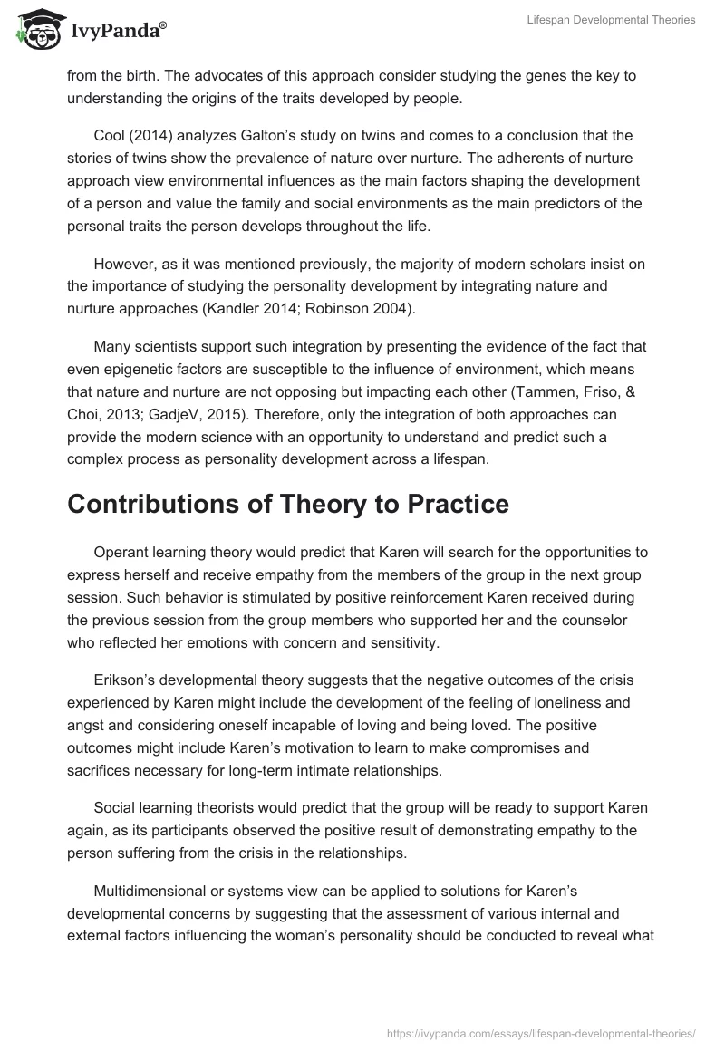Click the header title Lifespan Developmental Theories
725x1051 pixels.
tap(611, 20)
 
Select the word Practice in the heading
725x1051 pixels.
tap(453, 504)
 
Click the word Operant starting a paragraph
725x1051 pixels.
tap(121, 553)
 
